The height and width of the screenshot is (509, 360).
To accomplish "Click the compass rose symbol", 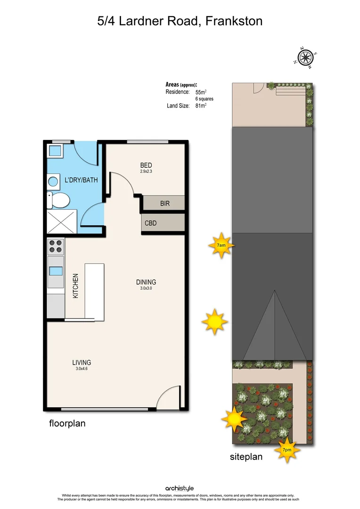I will pyautogui.click(x=305, y=58).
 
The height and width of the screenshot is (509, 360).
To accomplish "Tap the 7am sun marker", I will pyautogui.click(x=221, y=246).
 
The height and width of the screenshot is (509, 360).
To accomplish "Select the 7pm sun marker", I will pyautogui.click(x=286, y=450).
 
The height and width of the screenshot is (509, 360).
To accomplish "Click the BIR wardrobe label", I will pyautogui.click(x=165, y=204).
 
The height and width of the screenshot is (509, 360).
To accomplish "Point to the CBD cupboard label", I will pyautogui.click(x=151, y=223).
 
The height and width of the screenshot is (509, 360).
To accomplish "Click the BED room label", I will pyautogui.click(x=146, y=165).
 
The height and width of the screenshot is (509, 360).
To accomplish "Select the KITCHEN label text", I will pyautogui.click(x=75, y=286).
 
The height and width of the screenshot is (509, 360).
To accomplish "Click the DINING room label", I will pyautogui.click(x=146, y=282).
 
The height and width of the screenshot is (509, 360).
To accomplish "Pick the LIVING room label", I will pyautogui.click(x=82, y=362).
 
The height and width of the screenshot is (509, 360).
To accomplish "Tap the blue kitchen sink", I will pyautogui.click(x=56, y=271).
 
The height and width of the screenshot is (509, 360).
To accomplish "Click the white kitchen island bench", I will pyautogui.click(x=94, y=291).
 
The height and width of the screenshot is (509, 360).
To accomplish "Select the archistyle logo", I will pyautogui.click(x=180, y=488).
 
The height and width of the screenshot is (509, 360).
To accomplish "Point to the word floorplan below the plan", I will pyautogui.click(x=67, y=424).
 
